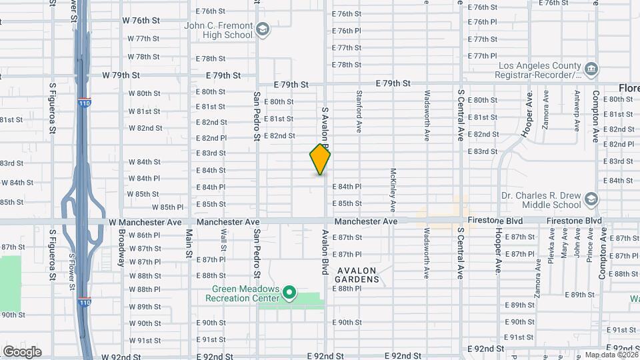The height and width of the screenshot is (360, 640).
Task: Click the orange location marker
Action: click(x=320, y=160)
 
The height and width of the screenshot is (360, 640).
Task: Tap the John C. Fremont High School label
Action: click(x=219, y=30)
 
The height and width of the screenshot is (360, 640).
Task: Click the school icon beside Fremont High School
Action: click(x=263, y=29)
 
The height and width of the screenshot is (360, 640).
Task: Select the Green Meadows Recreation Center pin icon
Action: click(x=289, y=292)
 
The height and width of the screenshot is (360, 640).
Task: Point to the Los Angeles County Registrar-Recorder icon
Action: click(x=591, y=69)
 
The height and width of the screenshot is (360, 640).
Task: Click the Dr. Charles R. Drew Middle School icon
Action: click(x=591, y=199)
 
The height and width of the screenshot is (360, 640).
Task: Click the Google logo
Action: click(x=22, y=351)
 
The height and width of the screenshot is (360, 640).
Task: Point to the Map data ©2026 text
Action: click(x=610, y=355)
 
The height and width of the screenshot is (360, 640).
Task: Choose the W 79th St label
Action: click(x=121, y=75)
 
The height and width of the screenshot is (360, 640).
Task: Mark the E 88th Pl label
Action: click(x=349, y=289)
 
